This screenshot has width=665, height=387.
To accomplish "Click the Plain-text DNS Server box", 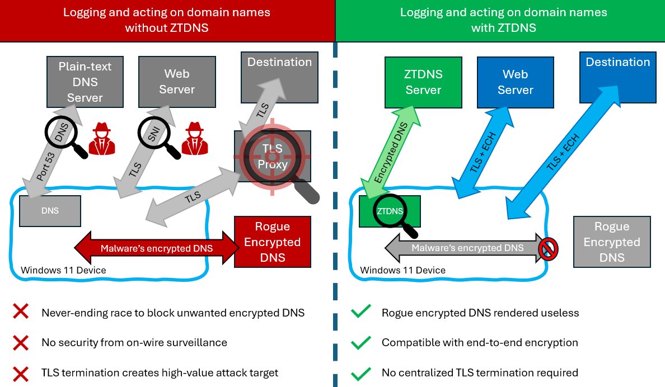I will pos(85,82).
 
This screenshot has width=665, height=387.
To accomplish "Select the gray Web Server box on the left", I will pos(177,82).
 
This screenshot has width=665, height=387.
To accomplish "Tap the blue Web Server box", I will pos(515,82).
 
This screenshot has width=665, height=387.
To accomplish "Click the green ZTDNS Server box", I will pos(423,82).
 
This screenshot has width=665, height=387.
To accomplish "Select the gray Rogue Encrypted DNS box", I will pos(612,242).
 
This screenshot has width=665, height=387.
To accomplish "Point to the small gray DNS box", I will pos(50,211).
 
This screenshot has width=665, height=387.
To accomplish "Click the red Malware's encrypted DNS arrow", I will pos(157,248).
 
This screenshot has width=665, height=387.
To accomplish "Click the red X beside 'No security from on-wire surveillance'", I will pos(21,342).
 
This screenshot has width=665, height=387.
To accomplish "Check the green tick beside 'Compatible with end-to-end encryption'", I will pos(361,342).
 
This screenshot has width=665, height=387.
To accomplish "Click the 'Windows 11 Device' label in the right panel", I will pos(402,271).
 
